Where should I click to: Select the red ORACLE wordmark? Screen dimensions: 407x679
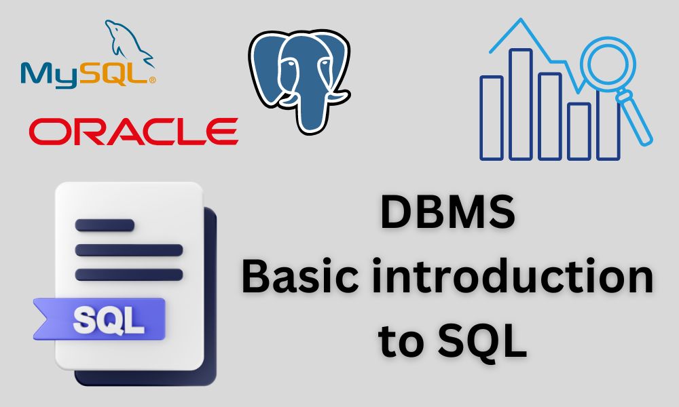coord(133,130)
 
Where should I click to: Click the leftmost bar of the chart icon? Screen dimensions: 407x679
coord(492,117)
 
